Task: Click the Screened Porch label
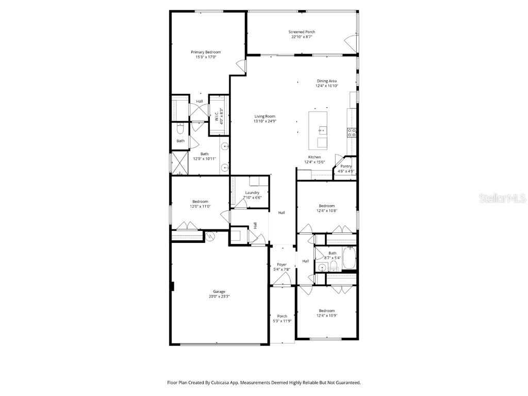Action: tap(302, 34)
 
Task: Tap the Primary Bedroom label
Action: tap(206, 55)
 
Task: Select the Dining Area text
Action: tap(326, 84)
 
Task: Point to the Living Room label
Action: tap(265, 119)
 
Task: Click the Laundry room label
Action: tap(252, 195)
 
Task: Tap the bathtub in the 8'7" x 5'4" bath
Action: tap(349, 259)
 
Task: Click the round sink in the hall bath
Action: tap(322, 267)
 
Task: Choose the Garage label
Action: tap(219, 294)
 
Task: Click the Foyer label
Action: tap(282, 267)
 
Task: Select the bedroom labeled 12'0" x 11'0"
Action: tap(200, 204)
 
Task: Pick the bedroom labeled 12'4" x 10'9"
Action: tap(326, 313)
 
